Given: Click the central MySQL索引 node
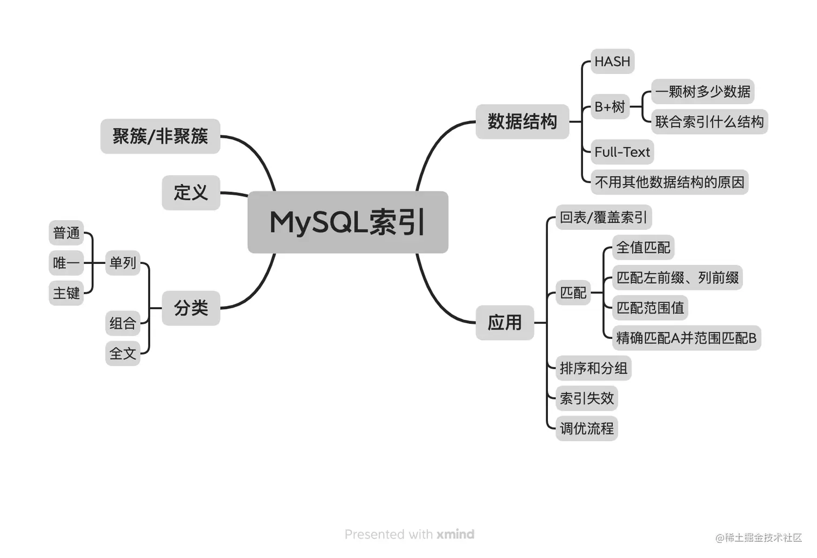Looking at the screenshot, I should pyautogui.click(x=347, y=222).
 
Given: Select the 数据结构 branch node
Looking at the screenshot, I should pyautogui.click(x=522, y=121).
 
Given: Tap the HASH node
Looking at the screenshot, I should pyautogui.click(x=612, y=62).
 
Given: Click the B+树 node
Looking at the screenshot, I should pyautogui.click(x=610, y=107).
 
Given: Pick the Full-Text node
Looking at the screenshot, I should pyautogui.click(x=622, y=152).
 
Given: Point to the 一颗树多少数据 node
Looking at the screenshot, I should pyautogui.click(x=702, y=92).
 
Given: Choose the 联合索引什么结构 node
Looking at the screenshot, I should pyautogui.click(x=709, y=122).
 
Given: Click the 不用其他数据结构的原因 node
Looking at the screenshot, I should pyautogui.click(x=669, y=182).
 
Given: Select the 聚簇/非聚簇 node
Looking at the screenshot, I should pyautogui.click(x=160, y=136).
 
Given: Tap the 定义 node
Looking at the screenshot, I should pyautogui.click(x=191, y=193).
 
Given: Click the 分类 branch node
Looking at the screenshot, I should pyautogui.click(x=191, y=308).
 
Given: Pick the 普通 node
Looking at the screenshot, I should pyautogui.click(x=66, y=233).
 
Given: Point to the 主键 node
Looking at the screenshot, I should pyautogui.click(x=66, y=293).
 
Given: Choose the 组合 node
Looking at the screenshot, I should pyautogui.click(x=123, y=323).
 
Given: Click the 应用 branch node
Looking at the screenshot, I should pyautogui.click(x=505, y=323).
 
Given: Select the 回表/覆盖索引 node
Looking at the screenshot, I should pyautogui.click(x=603, y=217).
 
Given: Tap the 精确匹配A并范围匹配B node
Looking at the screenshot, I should pyautogui.click(x=686, y=338).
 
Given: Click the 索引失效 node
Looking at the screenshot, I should pyautogui.click(x=587, y=398).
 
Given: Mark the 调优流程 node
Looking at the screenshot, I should pyautogui.click(x=587, y=428).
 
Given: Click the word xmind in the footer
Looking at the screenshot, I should pyautogui.click(x=455, y=534).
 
